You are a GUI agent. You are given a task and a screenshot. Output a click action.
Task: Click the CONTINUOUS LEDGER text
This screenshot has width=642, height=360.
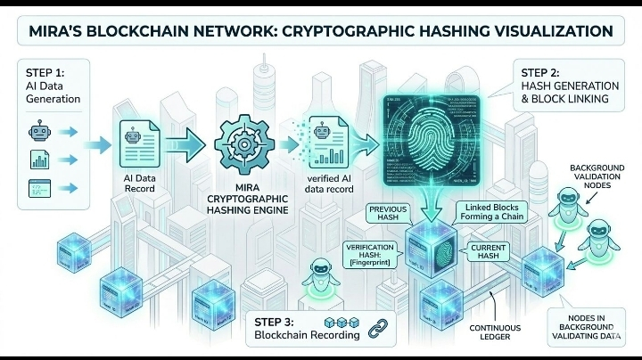click(x=495, y=332)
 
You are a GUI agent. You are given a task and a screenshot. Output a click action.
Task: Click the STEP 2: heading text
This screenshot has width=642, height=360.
click(x=541, y=72)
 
